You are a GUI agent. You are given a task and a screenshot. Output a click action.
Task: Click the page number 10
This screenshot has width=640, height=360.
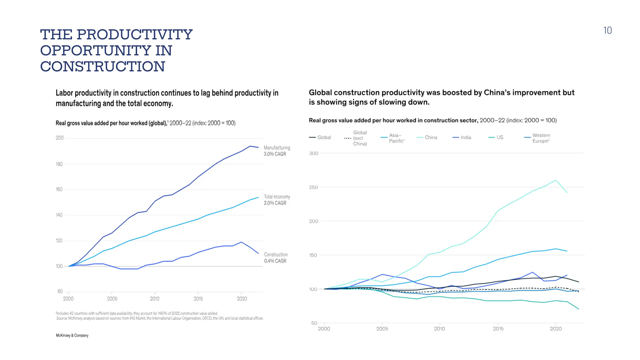click(607, 30)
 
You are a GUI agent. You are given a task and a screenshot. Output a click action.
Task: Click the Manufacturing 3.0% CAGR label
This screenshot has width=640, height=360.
click(277, 151)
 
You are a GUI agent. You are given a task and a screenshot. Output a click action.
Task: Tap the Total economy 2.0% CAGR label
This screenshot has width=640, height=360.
click(277, 200)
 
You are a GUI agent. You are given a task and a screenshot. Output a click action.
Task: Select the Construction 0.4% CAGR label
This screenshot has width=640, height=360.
click(276, 258)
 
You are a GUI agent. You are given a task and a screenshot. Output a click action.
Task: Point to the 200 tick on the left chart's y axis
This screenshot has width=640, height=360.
click(59, 138)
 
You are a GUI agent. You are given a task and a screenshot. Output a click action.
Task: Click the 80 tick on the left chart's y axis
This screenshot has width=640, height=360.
click(60, 291)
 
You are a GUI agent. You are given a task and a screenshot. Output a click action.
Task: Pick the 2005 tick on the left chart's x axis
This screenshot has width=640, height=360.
click(112, 299)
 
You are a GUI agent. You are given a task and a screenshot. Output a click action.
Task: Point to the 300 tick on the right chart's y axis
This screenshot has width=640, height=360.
click(313, 153)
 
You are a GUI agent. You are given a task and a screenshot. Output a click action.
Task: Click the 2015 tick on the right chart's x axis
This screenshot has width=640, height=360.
click(498, 329)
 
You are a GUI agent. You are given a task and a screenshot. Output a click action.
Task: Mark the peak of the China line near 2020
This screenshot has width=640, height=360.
click(556, 180)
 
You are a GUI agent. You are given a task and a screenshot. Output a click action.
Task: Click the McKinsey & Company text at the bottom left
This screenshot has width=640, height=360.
click(72, 335)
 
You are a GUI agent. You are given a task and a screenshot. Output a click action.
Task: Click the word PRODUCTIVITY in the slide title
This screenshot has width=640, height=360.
click(134, 34)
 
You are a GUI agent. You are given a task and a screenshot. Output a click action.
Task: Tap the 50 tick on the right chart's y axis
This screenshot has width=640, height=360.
click(314, 323)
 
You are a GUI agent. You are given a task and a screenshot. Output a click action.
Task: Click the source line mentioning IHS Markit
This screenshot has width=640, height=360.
click(159, 318)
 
